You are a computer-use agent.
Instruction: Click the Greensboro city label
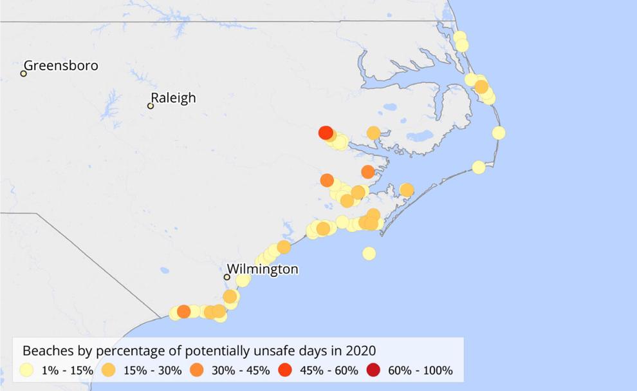[x=60, y=66]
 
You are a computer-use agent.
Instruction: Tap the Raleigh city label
[x=172, y=98]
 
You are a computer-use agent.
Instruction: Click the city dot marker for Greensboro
[x=23, y=73]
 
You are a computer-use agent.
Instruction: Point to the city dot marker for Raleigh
[x=151, y=106]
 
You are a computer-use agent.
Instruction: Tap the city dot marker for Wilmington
[x=226, y=277]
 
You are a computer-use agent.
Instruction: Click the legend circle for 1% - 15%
[x=26, y=370]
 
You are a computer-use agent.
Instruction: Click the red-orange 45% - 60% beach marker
[x=326, y=133]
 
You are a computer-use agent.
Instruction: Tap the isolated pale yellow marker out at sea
[x=369, y=253]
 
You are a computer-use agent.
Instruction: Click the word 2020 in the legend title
[x=361, y=350]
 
